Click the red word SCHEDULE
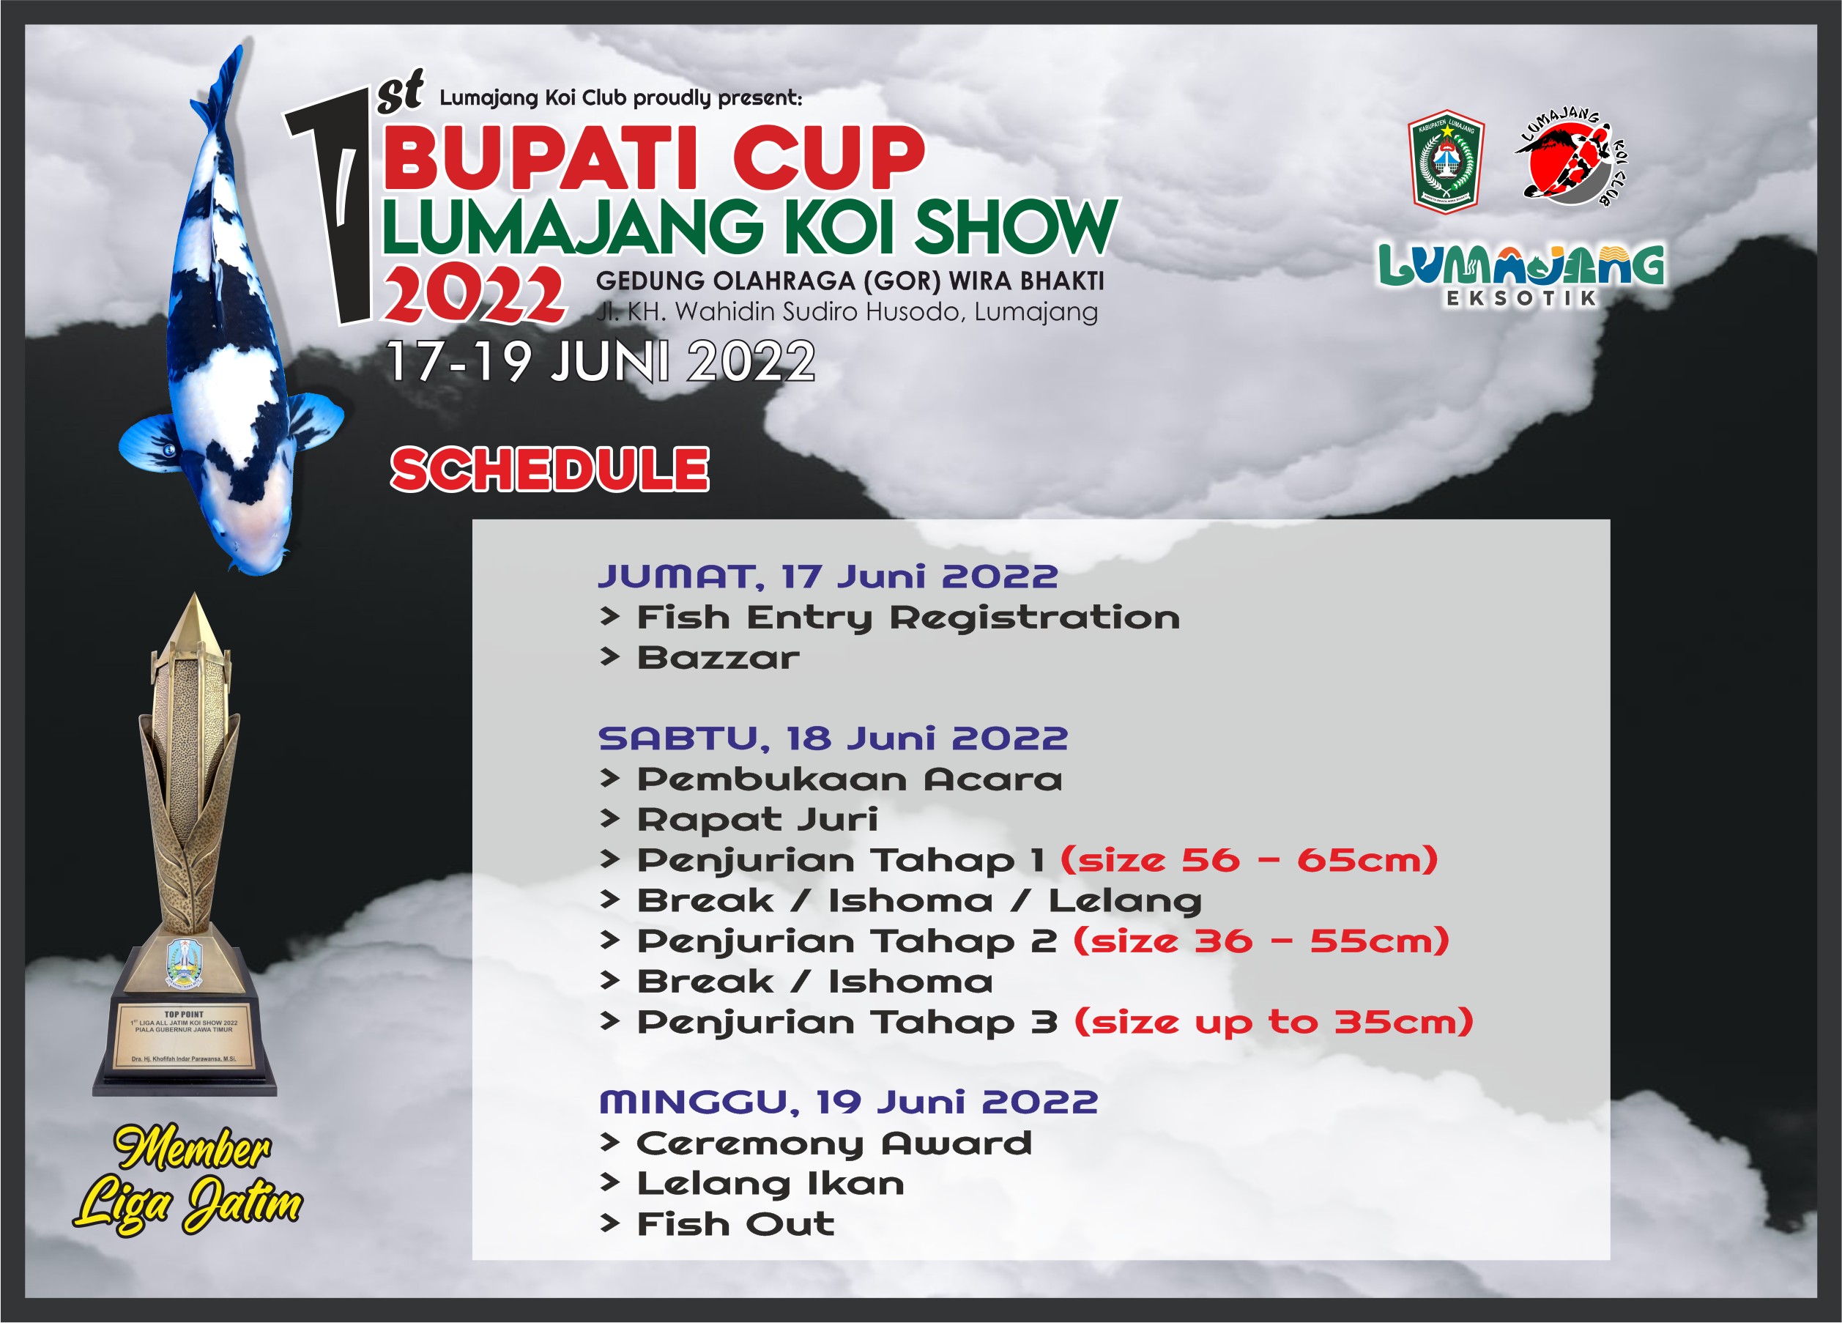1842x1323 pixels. [550, 470]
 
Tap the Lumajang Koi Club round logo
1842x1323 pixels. [1572, 157]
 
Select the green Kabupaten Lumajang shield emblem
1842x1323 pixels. [1447, 162]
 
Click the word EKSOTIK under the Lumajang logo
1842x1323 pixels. [1522, 298]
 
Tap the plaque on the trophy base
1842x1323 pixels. [185, 1037]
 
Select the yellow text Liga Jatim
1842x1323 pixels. [188, 1203]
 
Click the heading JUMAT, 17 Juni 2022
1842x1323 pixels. [828, 577]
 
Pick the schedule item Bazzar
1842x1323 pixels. [718, 658]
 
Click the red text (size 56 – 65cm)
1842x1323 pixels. [1249, 860]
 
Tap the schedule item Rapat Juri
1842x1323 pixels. [757, 820]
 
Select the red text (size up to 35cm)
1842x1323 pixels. [1274, 1022]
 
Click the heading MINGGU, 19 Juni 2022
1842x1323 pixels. [849, 1102]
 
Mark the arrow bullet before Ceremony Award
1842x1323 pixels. [610, 1143]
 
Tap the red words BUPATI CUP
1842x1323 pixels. [654, 157]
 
